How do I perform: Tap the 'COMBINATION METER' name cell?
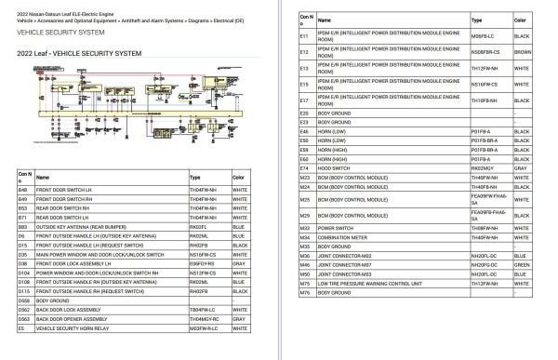[x=343, y=236]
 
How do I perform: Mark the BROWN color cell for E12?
[x=523, y=53]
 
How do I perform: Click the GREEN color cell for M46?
[x=521, y=264]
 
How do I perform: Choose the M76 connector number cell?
[x=304, y=292]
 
